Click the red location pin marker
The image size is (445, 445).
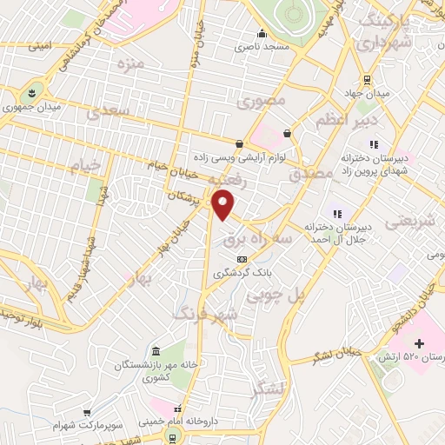tap(225, 206)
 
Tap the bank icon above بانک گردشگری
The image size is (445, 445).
tap(242, 258)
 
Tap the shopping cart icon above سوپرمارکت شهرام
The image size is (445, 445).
tap(87, 413)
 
